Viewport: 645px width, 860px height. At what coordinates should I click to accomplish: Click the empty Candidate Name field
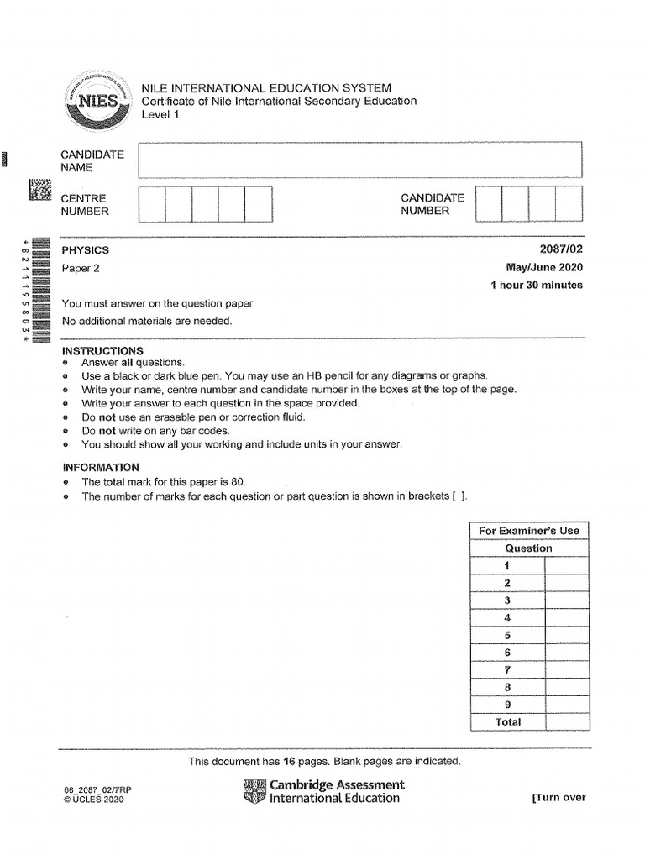point(360,160)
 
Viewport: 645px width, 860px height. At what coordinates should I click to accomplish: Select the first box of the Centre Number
point(152,204)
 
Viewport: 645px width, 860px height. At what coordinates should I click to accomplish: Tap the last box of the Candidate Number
point(569,204)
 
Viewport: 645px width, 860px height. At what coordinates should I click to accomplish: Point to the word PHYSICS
point(86,250)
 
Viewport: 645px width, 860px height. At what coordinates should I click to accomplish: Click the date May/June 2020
point(540,268)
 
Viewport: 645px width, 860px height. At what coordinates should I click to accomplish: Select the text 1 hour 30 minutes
point(536,286)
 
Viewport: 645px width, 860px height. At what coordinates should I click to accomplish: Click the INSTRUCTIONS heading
point(103,350)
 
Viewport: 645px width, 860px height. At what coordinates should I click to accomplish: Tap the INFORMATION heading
point(101,467)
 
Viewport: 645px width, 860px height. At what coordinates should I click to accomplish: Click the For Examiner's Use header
point(529,531)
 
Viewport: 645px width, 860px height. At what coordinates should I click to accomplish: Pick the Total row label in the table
point(508,722)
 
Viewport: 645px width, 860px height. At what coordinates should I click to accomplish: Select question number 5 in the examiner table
point(507,635)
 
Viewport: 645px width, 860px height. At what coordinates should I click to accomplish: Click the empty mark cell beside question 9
point(567,705)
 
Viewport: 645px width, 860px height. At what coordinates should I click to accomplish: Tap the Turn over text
point(558,798)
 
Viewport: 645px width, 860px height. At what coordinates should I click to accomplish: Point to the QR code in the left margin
point(39,191)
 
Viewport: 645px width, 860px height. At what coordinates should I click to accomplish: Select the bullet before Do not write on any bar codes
point(66,431)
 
